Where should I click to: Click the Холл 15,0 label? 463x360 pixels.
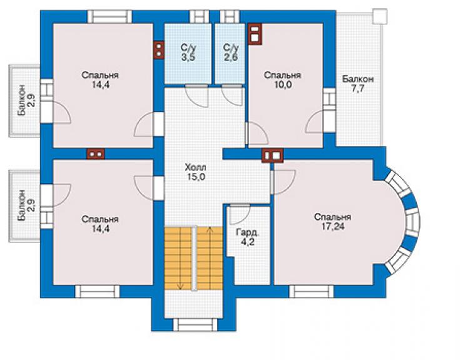coord(195,172)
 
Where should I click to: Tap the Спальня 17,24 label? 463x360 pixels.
coord(332,222)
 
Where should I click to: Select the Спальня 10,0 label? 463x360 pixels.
coord(282,80)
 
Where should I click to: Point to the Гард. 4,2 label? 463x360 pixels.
coord(247,237)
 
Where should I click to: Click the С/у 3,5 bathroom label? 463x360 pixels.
coord(188,53)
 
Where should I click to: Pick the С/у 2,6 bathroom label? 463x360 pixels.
coord(231,53)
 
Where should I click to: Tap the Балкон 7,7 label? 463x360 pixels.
coord(358,84)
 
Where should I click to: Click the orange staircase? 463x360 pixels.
coord(193,259)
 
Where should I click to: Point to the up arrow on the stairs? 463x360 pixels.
coord(210,258)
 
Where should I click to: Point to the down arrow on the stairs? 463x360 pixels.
coord(180,258)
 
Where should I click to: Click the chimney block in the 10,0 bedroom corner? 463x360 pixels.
coord(255,34)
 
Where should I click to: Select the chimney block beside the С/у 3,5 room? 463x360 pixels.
coord(159,50)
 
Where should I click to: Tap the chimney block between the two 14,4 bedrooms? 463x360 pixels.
coord(96,154)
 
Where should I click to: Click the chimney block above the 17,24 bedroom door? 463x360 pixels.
coord(272,155)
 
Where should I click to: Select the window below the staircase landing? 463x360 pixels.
coord(195,324)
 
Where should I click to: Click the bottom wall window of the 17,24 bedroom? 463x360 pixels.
coord(311,291)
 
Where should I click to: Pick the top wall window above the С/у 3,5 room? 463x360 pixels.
coord(199,17)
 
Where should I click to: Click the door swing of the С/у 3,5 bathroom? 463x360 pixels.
coord(197,96)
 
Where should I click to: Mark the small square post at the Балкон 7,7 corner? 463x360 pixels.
coord(380,16)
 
